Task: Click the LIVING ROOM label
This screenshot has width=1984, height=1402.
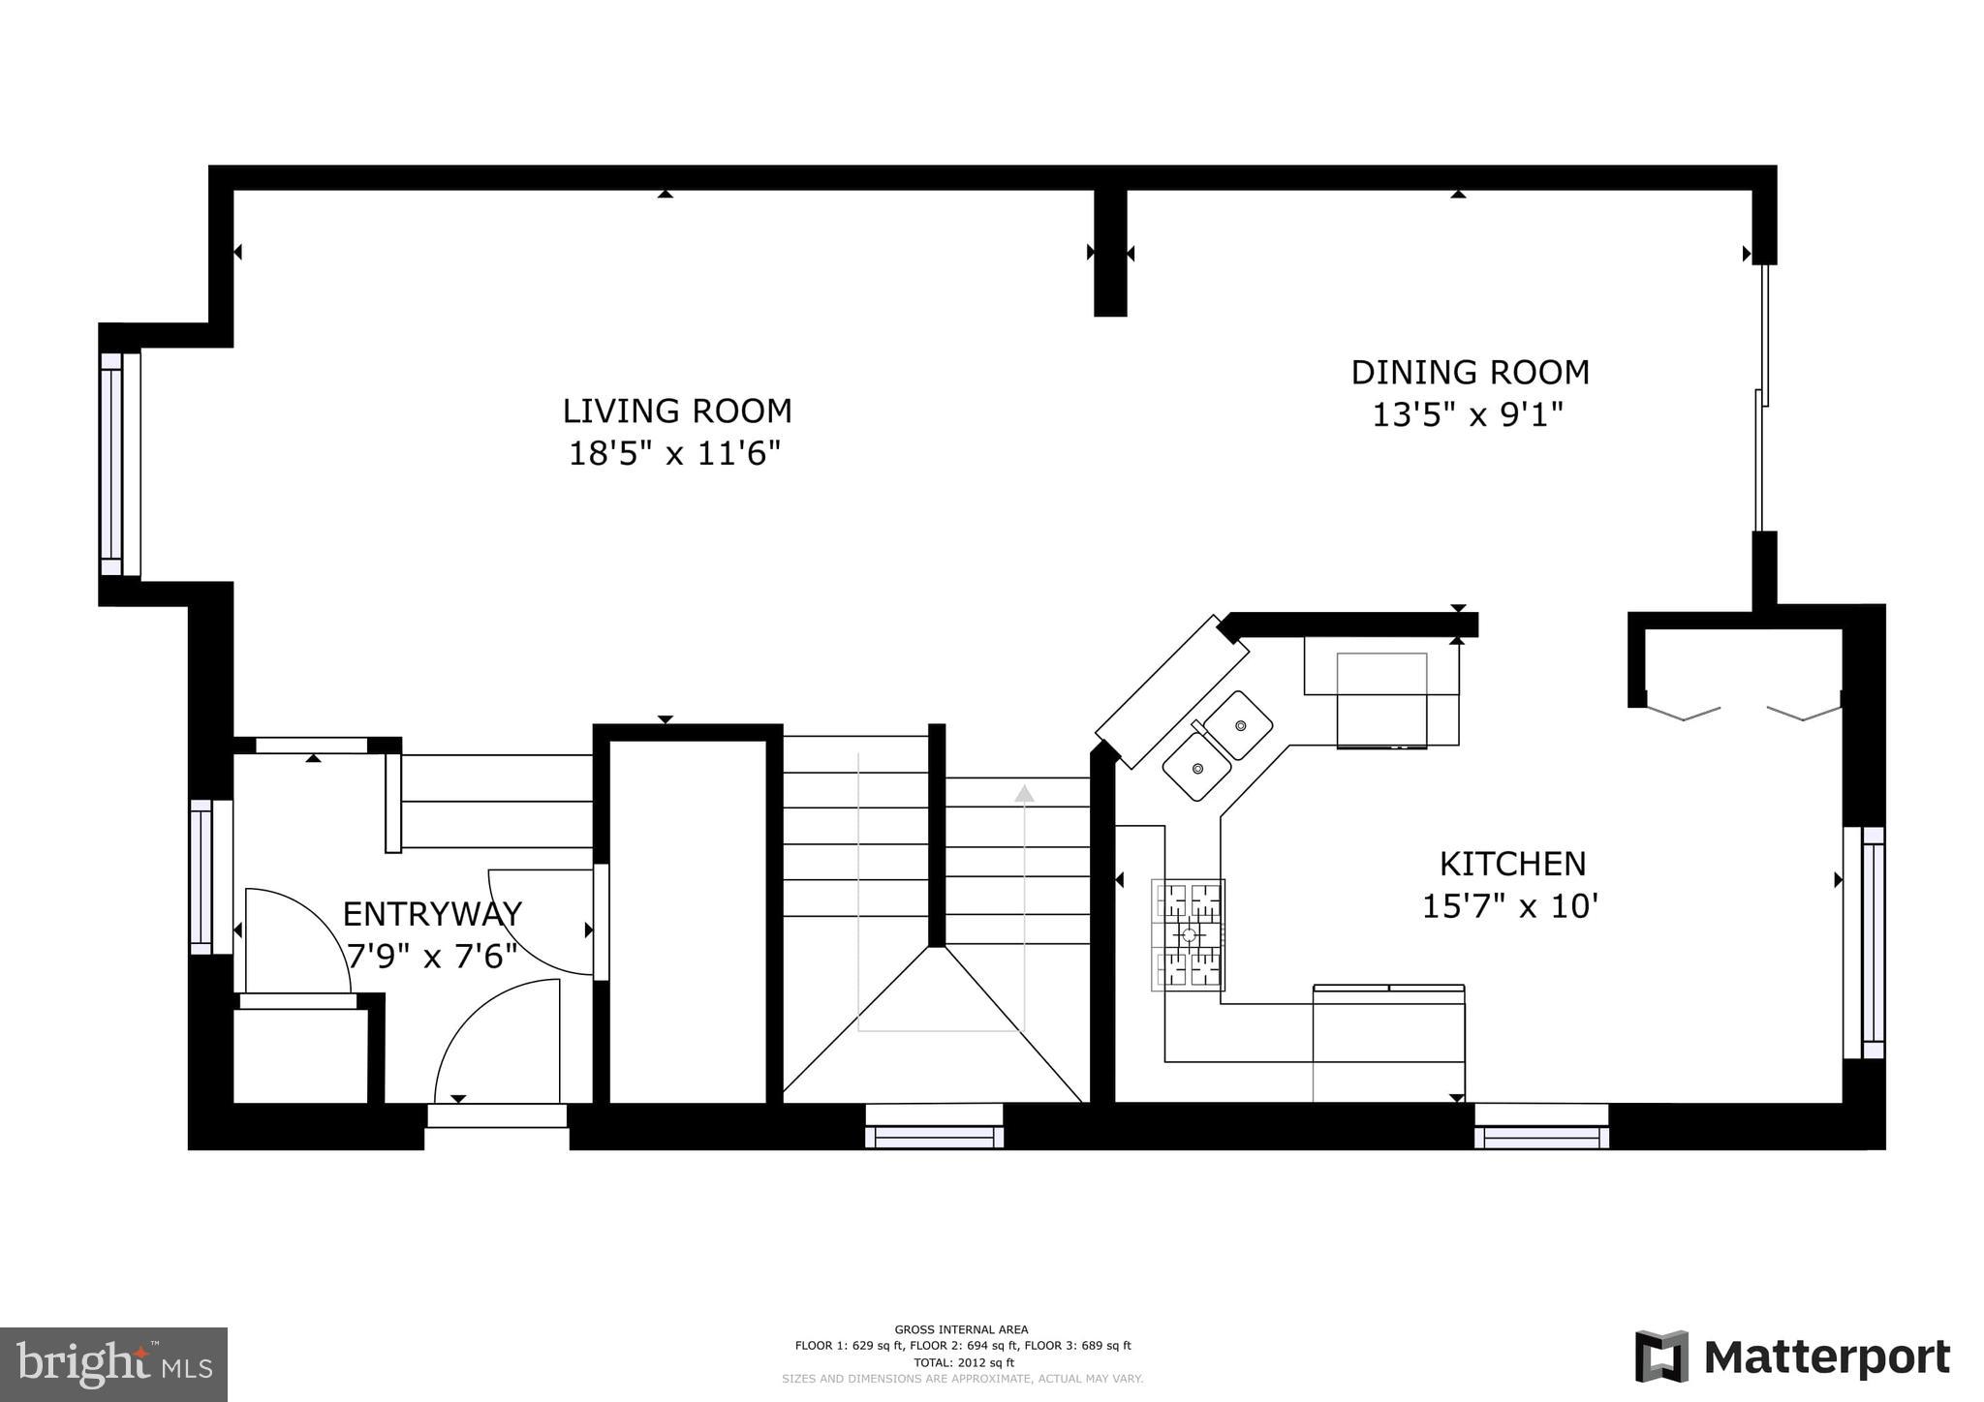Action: coord(676,411)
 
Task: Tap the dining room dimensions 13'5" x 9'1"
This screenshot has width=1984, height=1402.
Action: coord(1468,415)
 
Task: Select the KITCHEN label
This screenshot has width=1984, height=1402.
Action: coord(1511,863)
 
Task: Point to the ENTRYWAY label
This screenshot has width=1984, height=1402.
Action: coord(432,914)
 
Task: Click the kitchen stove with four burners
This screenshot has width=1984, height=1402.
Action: coord(1188,934)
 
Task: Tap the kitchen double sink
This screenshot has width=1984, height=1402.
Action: coord(1218,745)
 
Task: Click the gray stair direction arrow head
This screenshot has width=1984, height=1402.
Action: coord(1024,794)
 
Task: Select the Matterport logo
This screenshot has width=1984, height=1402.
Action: coord(1792,1357)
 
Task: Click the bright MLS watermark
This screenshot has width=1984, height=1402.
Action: coord(113,1364)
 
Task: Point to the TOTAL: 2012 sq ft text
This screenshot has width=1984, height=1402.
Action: coord(963,1362)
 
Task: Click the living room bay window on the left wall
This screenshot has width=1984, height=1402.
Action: coord(119,465)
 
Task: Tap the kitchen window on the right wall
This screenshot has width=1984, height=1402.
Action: coord(1865,942)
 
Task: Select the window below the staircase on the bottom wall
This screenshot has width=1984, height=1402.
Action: coord(934,1126)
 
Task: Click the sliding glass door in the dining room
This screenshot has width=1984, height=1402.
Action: coord(1762,397)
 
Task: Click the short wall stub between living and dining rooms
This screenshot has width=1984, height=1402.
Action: coord(1110,252)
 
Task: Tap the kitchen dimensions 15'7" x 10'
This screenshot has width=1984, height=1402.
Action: coord(1509,907)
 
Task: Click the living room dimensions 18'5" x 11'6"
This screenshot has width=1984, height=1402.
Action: coord(674,453)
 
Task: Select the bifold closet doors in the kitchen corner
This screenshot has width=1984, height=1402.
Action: coord(1743,712)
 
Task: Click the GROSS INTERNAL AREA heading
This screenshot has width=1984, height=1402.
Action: coord(961,1329)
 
